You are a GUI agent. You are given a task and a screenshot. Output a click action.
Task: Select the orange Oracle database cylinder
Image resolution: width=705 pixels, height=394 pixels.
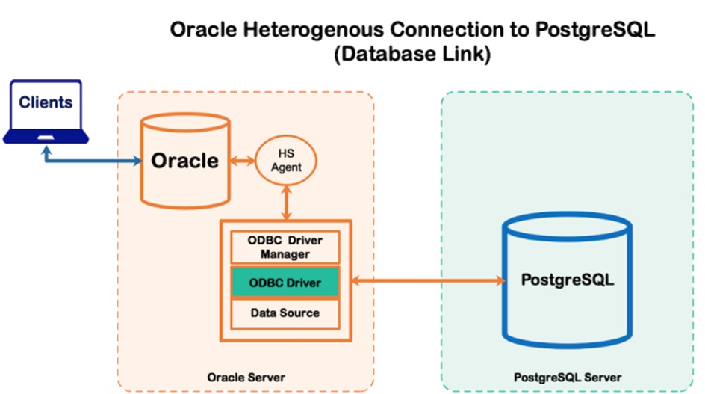184,160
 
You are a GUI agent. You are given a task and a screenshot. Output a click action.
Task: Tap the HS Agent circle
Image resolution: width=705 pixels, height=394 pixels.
285,161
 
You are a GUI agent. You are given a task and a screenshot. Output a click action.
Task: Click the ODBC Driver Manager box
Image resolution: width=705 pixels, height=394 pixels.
285,247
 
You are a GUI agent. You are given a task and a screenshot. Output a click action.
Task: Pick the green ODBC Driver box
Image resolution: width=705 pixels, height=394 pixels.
285,283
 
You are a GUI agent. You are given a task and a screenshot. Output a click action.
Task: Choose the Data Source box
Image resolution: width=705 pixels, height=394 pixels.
285,313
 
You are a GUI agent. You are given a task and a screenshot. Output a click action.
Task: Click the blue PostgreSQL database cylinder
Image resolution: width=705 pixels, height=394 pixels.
567,281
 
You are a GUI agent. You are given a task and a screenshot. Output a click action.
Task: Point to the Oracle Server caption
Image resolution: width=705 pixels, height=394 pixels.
246,376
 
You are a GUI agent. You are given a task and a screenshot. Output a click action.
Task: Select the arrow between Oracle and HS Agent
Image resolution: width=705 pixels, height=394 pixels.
242,159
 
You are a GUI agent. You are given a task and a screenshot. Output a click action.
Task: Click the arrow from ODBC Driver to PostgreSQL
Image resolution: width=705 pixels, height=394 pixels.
426,281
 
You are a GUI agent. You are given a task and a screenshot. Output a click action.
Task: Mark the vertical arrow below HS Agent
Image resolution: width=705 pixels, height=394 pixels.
285,201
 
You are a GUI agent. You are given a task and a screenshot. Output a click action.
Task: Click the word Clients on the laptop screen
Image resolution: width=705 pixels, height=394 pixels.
46,102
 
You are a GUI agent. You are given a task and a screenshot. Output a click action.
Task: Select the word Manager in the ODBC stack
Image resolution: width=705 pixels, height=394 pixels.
285,254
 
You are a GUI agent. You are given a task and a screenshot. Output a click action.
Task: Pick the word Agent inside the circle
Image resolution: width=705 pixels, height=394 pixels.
285,167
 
